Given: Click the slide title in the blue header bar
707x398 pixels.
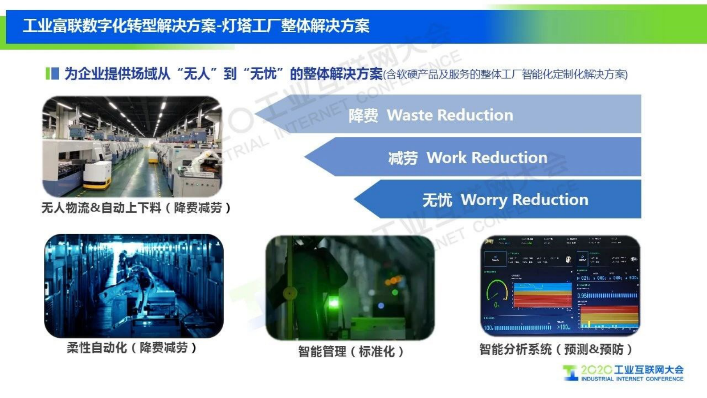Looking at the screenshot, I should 196,26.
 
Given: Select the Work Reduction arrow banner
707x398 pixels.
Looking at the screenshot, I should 472,158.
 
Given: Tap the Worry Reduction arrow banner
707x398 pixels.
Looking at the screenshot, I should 499,199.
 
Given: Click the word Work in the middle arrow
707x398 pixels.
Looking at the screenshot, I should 446,158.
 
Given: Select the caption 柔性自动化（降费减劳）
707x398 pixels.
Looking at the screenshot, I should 132,348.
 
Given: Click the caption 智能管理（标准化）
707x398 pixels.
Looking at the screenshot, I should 351,351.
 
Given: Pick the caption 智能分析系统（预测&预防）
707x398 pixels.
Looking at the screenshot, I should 556,349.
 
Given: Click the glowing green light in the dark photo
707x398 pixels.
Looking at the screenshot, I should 333,303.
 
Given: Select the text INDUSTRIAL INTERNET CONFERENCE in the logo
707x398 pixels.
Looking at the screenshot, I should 632,379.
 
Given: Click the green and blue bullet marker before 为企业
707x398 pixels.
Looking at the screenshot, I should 52,74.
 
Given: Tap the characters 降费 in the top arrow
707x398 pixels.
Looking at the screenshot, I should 363,116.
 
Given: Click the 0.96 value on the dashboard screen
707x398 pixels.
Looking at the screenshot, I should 583,296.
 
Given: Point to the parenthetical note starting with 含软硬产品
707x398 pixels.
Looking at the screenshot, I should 506,75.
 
